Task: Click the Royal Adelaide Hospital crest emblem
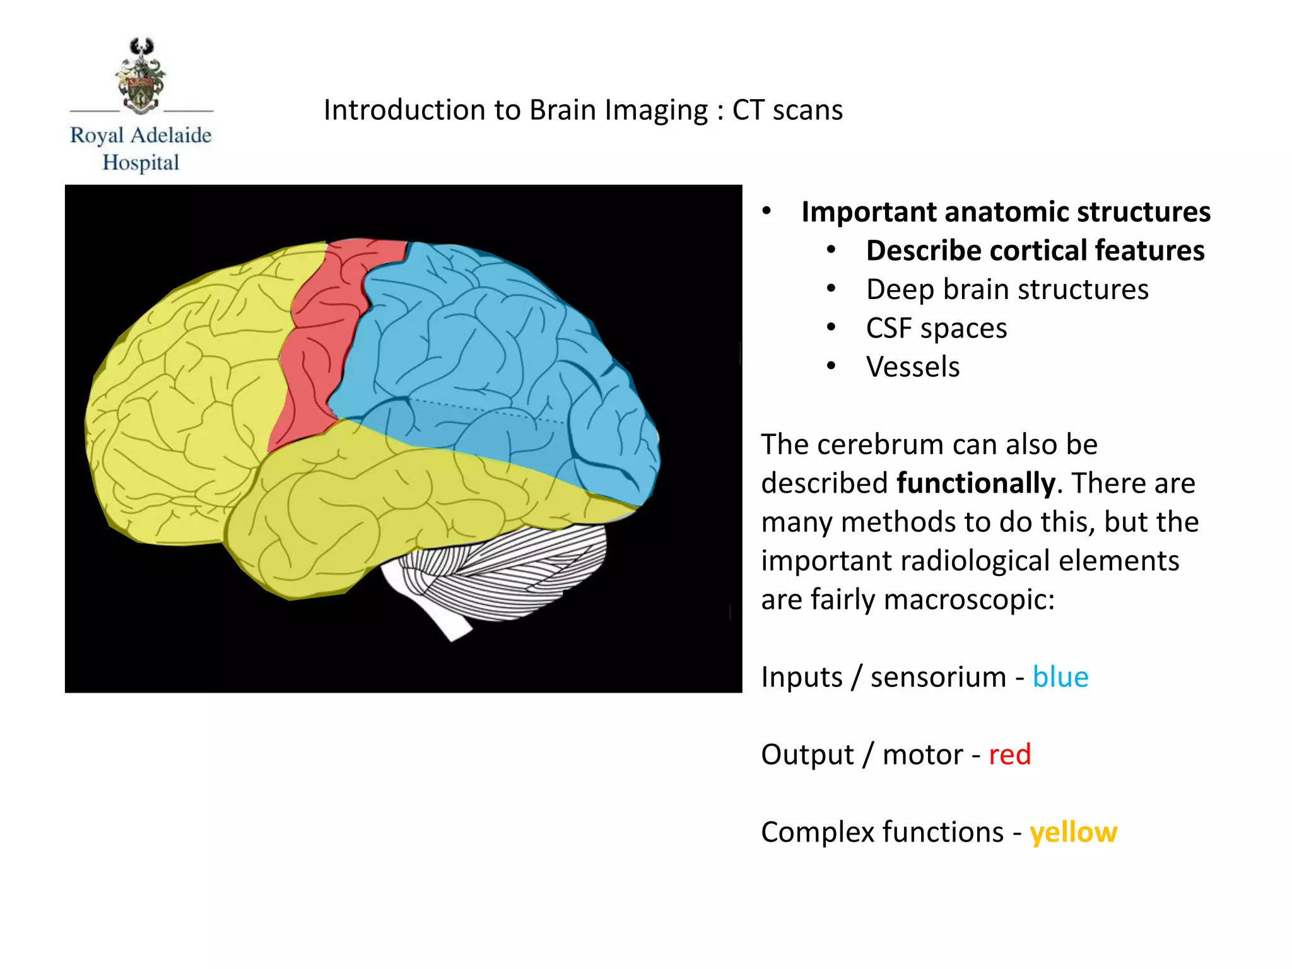pyautogui.click(x=141, y=76)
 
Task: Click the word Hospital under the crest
pyautogui.click(x=141, y=163)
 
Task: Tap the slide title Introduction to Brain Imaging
pyautogui.click(x=515, y=110)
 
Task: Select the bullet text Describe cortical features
pyautogui.click(x=1035, y=250)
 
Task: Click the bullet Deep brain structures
pyautogui.click(x=1007, y=290)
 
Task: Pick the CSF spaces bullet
pyautogui.click(x=936, y=329)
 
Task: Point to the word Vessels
pyautogui.click(x=912, y=367)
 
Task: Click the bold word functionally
pyautogui.click(x=975, y=484)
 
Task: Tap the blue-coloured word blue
pyautogui.click(x=1060, y=678)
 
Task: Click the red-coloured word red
pyautogui.click(x=1009, y=755)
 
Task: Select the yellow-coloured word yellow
pyautogui.click(x=1073, y=833)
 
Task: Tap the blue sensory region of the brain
pyautogui.click(x=492, y=353)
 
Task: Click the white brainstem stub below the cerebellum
pyautogui.click(x=442, y=615)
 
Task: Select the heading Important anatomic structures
pyautogui.click(x=1006, y=212)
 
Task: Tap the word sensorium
pyautogui.click(x=937, y=678)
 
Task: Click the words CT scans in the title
pyautogui.click(x=787, y=110)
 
